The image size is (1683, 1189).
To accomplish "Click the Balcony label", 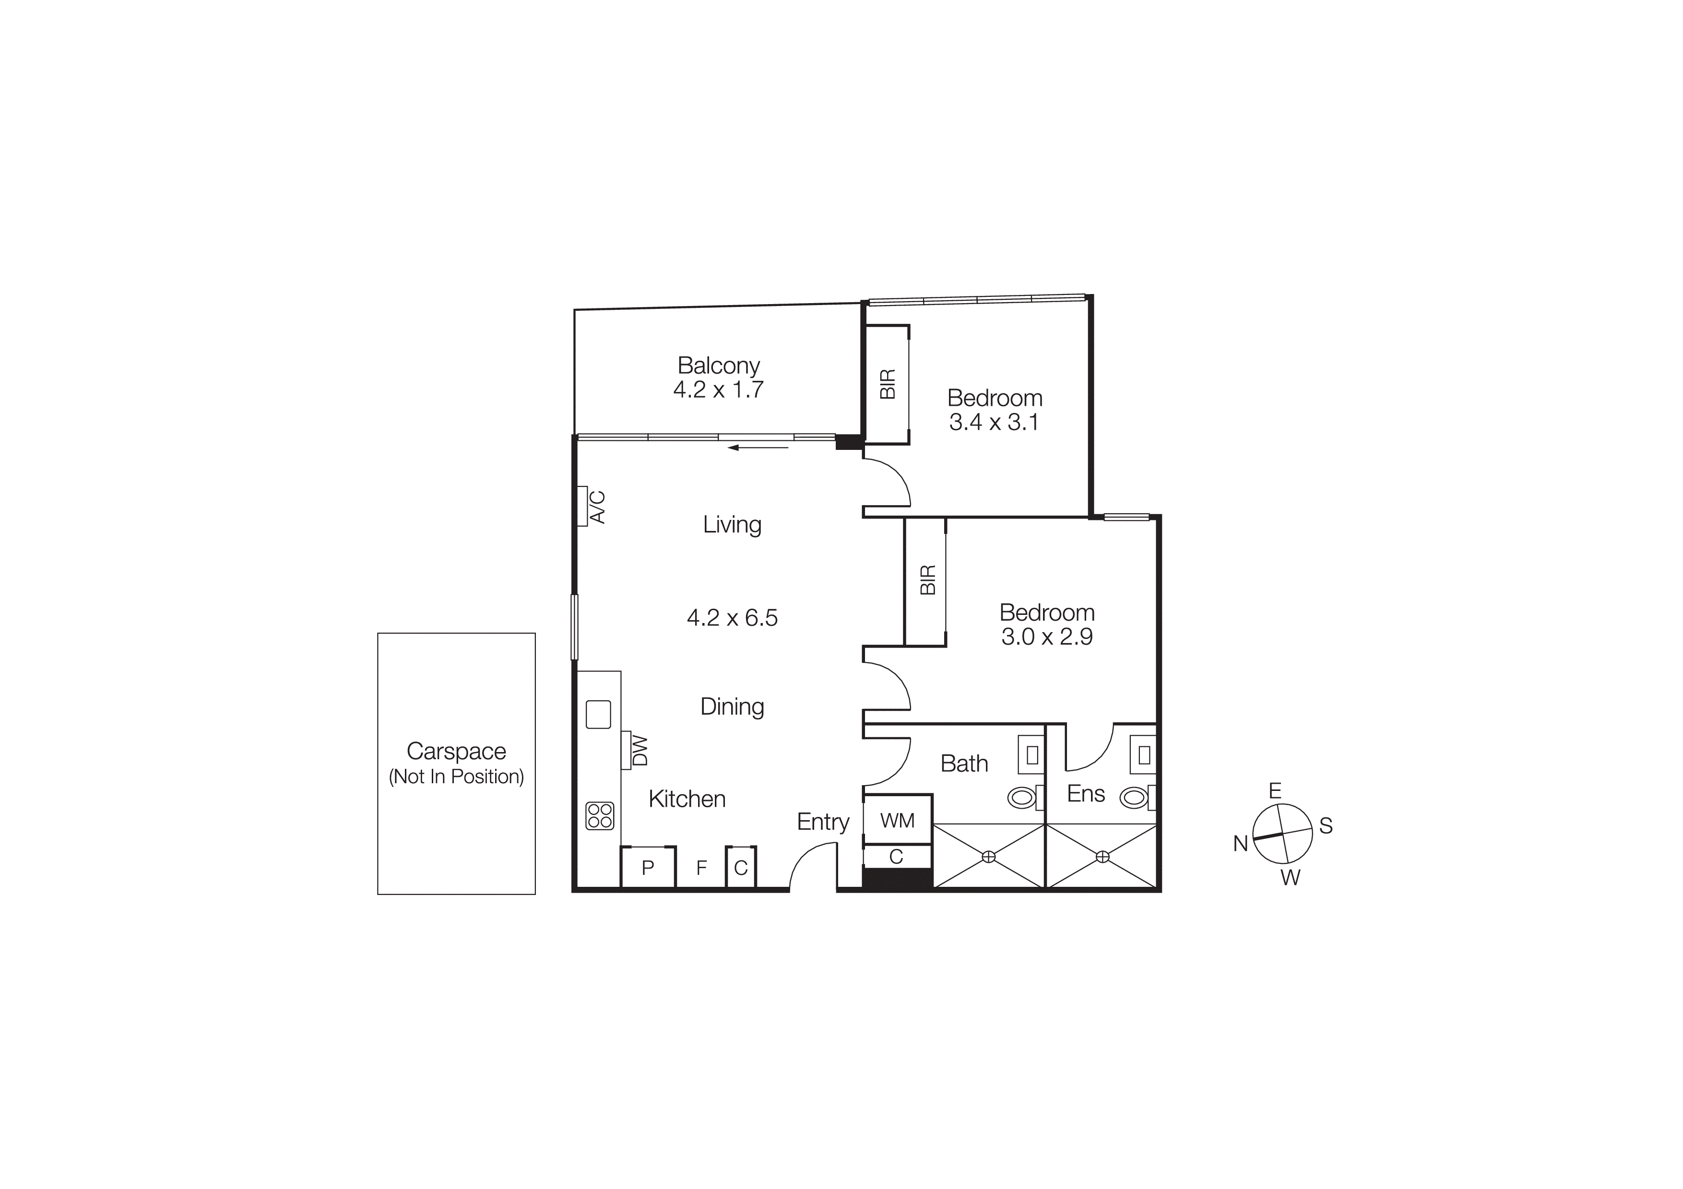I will [718, 365].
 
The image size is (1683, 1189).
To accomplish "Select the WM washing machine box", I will [897, 821].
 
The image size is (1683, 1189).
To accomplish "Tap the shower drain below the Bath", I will [989, 857].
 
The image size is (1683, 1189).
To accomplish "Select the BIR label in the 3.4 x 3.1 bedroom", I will [888, 384].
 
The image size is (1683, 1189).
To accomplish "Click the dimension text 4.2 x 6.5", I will [732, 618].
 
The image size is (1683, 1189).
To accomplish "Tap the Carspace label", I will [456, 751].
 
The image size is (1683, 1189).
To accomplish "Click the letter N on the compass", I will [1240, 844].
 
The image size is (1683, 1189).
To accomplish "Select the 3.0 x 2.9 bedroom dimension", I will [1047, 636].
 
